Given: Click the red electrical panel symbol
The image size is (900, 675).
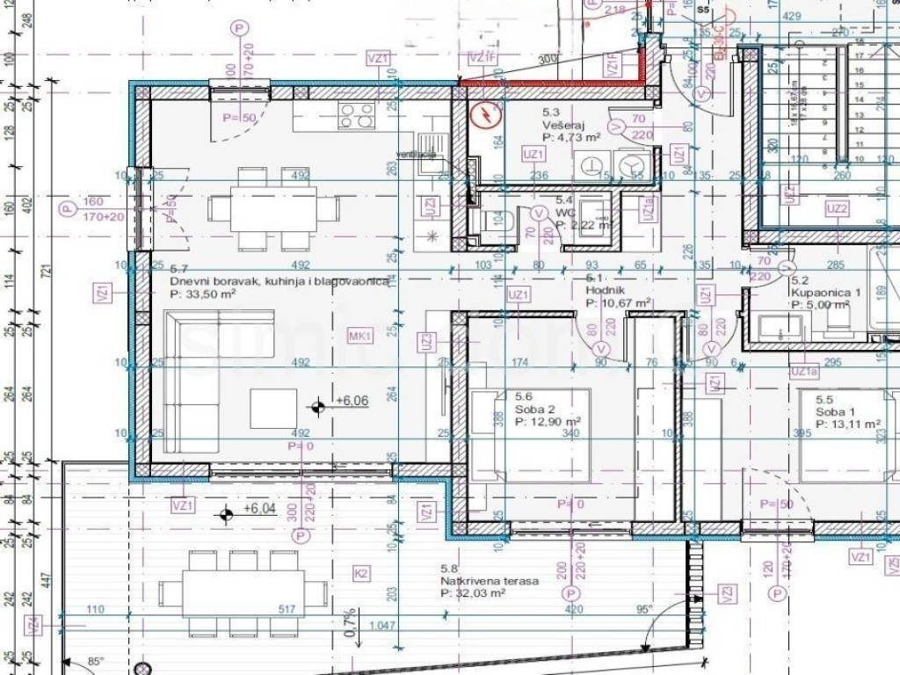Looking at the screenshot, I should coord(485,114).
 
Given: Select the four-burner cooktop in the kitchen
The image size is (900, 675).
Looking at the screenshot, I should coord(356,115).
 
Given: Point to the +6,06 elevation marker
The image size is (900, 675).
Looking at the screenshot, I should coord(317,405).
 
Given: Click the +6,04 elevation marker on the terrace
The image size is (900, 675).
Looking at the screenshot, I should coord(226,514).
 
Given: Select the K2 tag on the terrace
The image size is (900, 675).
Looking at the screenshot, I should coord(360,574).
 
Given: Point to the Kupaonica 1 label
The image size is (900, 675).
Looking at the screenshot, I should coord(820,293).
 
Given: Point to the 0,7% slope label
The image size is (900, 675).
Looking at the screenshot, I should coord(351,621).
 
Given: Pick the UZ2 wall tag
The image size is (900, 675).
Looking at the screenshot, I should coord(837,209).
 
